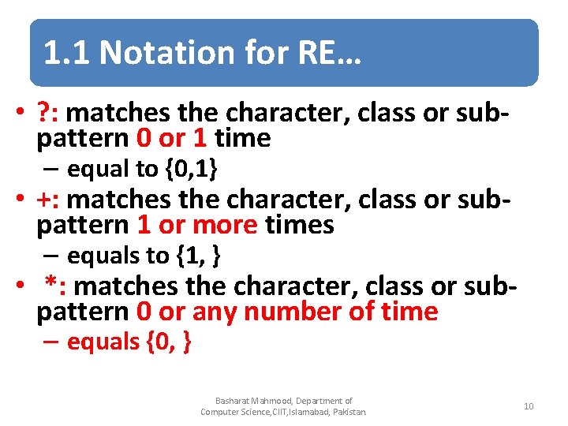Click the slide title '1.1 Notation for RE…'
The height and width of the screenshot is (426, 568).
point(200,53)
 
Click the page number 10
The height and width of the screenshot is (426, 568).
point(529,406)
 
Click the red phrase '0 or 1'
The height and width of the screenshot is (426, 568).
point(171,139)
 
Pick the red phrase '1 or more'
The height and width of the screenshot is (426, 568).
point(197,226)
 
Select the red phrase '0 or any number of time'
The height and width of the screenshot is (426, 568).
point(287,312)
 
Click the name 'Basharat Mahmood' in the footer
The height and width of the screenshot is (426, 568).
point(252,401)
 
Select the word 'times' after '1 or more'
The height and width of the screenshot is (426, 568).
point(300,226)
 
